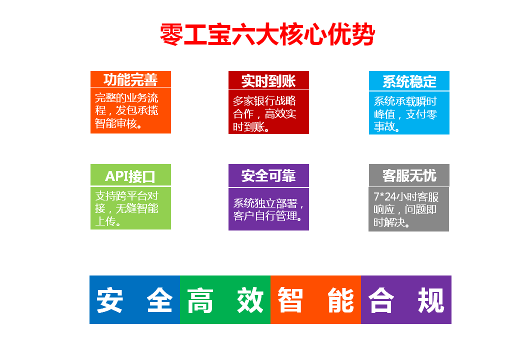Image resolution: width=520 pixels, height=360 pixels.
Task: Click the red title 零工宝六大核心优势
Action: point(267,34)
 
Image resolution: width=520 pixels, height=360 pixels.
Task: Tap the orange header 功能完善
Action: point(130,79)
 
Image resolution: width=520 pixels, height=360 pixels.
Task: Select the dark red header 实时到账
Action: point(268,81)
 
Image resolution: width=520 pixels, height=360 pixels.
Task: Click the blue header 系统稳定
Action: point(409,81)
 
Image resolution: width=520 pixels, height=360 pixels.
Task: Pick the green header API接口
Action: point(130,176)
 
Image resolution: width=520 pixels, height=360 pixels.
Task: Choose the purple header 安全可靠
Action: point(268,175)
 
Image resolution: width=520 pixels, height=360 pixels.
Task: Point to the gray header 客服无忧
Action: point(409,175)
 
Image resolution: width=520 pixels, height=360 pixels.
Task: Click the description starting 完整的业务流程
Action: point(126,110)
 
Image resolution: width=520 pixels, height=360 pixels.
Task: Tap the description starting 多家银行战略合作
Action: point(264,113)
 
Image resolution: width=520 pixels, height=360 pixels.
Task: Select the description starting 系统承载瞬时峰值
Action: point(405,114)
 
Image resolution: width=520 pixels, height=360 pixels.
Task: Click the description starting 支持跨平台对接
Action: point(126,208)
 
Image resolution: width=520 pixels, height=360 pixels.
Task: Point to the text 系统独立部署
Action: point(265,203)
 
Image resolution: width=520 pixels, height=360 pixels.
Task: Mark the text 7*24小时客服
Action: point(406,197)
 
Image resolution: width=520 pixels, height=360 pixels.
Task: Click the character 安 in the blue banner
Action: point(110,300)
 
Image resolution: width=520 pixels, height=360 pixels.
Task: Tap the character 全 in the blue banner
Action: point(159,300)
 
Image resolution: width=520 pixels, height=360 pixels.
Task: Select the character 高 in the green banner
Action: point(200,300)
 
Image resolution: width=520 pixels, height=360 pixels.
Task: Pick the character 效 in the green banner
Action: point(250,300)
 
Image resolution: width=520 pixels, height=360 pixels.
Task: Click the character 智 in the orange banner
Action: point(290,300)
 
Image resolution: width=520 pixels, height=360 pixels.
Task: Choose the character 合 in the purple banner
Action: point(381,300)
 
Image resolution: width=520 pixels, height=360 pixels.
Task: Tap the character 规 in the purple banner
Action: point(431,300)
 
